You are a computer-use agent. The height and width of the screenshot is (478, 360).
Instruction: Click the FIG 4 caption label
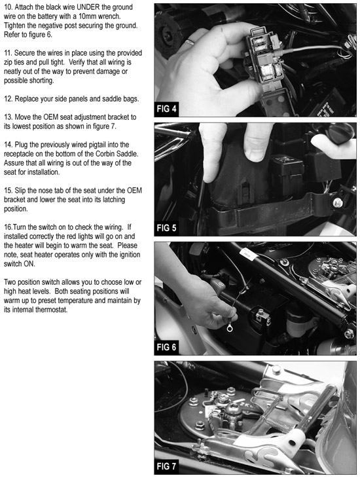[166, 109]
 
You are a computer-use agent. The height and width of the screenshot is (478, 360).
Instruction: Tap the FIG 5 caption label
[166, 228]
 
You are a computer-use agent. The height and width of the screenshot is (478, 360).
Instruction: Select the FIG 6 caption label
[166, 347]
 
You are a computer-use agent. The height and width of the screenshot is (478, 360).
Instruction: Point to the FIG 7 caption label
[166, 466]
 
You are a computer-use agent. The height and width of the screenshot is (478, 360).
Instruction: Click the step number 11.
[8, 53]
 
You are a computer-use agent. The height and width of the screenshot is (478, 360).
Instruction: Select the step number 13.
[8, 117]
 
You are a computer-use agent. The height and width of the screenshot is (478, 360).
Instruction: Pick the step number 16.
[9, 227]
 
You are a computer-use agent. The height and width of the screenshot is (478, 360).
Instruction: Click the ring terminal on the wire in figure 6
[230, 328]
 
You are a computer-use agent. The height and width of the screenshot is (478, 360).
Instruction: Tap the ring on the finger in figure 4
[190, 41]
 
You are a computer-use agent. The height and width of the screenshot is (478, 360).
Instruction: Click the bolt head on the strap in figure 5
[338, 203]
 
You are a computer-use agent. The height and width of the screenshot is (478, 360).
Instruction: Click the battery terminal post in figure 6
[262, 315]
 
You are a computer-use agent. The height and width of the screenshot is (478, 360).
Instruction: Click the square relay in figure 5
[287, 168]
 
